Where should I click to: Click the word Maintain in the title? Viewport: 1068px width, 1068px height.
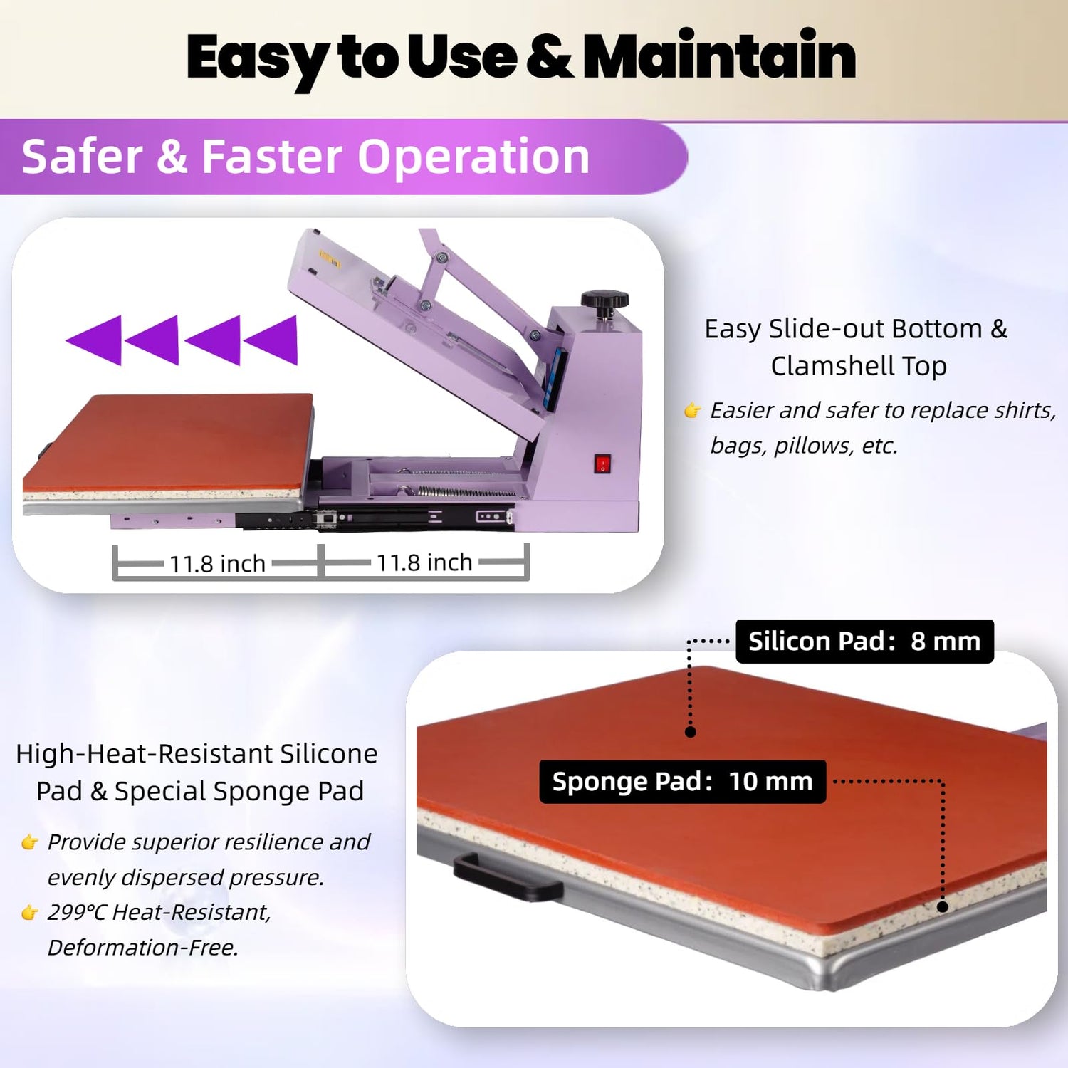pyautogui.click(x=719, y=56)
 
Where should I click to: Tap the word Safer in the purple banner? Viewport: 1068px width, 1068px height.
pyautogui.click(x=82, y=157)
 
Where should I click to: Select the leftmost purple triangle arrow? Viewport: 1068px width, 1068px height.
pyautogui.click(x=94, y=340)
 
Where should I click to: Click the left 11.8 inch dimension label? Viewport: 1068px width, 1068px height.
pyautogui.click(x=217, y=564)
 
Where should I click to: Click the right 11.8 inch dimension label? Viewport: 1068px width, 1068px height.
pyautogui.click(x=424, y=562)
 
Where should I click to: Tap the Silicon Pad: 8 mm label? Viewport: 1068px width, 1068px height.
pyautogui.click(x=864, y=642)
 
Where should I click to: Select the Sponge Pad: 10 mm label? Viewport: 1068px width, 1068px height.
pyautogui.click(x=683, y=782)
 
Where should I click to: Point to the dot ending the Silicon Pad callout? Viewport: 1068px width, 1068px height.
pyautogui.click(x=690, y=731)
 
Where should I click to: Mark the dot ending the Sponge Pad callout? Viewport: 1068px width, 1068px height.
pyautogui.click(x=942, y=907)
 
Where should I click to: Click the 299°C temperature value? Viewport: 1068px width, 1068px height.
pyautogui.click(x=77, y=912)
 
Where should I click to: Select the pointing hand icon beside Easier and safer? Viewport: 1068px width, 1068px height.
pyautogui.click(x=692, y=410)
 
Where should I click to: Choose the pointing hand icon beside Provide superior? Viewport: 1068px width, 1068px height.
pyautogui.click(x=29, y=842)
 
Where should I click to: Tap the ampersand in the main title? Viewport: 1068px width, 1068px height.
pyautogui.click(x=550, y=56)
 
